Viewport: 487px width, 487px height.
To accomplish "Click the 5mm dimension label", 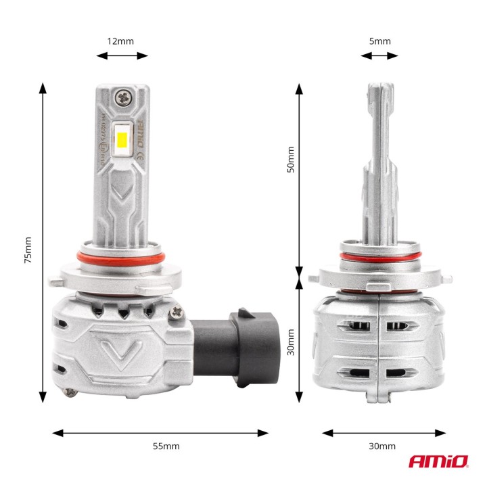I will [380, 41].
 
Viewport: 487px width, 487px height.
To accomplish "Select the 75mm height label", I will [28, 250].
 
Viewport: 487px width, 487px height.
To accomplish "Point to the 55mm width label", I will [166, 446].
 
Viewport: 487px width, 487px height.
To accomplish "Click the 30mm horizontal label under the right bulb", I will [383, 446].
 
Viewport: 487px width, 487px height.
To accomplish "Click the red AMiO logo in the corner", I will [438, 462].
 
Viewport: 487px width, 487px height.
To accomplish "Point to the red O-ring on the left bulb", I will [122, 258].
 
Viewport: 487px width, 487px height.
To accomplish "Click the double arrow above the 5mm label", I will [379, 55].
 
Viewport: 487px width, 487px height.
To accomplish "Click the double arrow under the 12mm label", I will [122, 55].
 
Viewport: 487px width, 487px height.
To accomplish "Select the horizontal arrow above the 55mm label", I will [160, 432].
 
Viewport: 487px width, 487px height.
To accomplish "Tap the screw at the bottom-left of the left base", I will [69, 390].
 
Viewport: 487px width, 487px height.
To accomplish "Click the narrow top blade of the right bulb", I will [379, 129].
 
